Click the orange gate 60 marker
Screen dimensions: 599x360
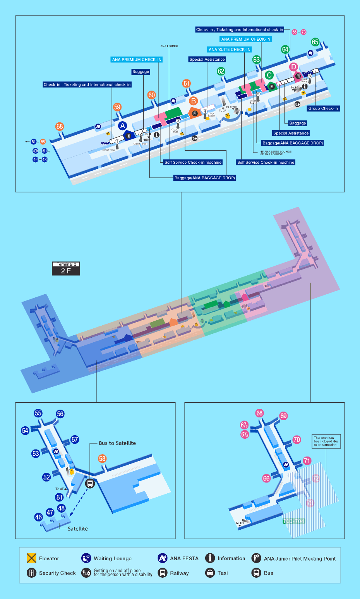click(x=151, y=95)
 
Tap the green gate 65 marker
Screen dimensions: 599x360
click(x=315, y=42)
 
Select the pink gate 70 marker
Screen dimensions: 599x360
click(x=297, y=439)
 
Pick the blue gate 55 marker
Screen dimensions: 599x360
click(x=38, y=413)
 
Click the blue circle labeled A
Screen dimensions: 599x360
click(x=123, y=125)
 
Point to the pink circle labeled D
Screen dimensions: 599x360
click(x=293, y=67)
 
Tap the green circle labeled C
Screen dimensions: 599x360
click(x=269, y=75)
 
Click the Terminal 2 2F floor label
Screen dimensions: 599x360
click(x=66, y=268)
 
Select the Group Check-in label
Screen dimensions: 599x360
click(x=323, y=108)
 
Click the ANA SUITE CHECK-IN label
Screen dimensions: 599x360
click(x=230, y=50)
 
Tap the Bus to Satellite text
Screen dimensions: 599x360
click(x=117, y=443)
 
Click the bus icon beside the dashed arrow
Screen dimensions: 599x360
click(x=90, y=483)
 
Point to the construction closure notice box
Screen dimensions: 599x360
click(x=326, y=441)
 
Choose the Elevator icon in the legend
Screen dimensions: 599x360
click(x=31, y=558)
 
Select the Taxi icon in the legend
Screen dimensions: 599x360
click(x=210, y=573)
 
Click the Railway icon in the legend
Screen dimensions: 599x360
click(x=163, y=573)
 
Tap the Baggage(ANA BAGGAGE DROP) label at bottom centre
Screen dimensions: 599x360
click(x=205, y=178)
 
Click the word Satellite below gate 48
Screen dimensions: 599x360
click(x=78, y=529)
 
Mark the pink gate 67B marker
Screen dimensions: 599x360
click(x=244, y=425)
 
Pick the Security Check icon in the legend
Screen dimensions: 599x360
click(x=31, y=573)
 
